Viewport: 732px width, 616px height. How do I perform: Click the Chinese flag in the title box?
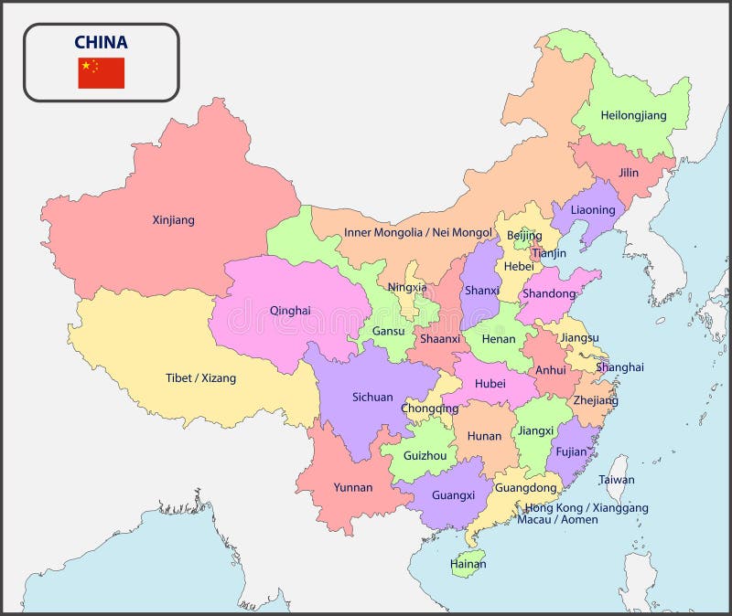(x=101, y=73)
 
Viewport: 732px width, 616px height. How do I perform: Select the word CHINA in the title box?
(x=101, y=42)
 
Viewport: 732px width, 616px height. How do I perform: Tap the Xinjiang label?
(x=173, y=220)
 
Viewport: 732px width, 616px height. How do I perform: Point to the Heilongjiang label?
(x=633, y=116)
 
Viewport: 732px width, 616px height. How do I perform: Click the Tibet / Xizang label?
(x=200, y=377)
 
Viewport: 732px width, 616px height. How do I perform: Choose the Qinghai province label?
(x=290, y=310)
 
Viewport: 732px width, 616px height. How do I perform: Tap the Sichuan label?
(x=372, y=397)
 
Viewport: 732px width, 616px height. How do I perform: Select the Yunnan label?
(x=353, y=487)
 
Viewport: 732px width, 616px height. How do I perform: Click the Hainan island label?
(x=468, y=564)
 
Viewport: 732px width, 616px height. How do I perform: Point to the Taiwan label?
(x=616, y=480)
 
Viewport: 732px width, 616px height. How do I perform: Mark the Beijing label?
(x=525, y=236)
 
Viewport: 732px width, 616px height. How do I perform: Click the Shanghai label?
(x=619, y=367)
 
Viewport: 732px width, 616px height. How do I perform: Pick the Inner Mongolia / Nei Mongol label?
(x=417, y=233)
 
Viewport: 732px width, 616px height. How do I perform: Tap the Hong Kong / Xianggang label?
(x=587, y=507)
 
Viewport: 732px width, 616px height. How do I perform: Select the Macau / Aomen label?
(x=557, y=520)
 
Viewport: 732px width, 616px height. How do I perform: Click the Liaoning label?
(x=593, y=210)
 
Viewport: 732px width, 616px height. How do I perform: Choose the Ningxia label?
(x=407, y=287)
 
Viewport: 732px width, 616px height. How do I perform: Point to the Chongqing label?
(x=430, y=409)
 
